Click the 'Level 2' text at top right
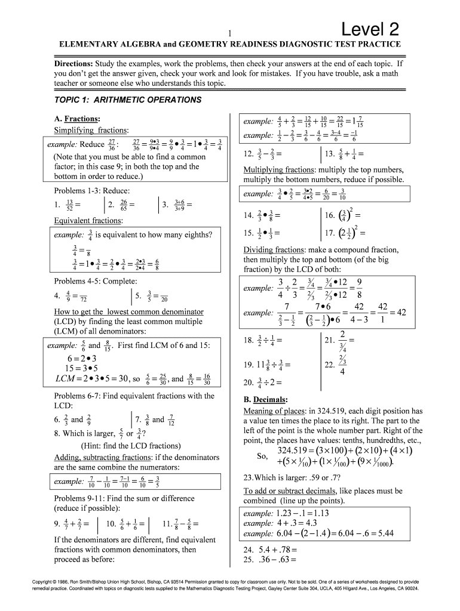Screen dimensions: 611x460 [x=370, y=29]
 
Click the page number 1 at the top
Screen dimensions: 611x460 [x=229, y=34]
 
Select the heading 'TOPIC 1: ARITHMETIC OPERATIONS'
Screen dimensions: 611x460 [x=128, y=100]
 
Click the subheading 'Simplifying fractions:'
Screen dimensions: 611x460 [x=91, y=130]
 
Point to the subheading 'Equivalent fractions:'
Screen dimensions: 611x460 [x=88, y=220]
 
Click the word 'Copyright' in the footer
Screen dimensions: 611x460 [x=44, y=581]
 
